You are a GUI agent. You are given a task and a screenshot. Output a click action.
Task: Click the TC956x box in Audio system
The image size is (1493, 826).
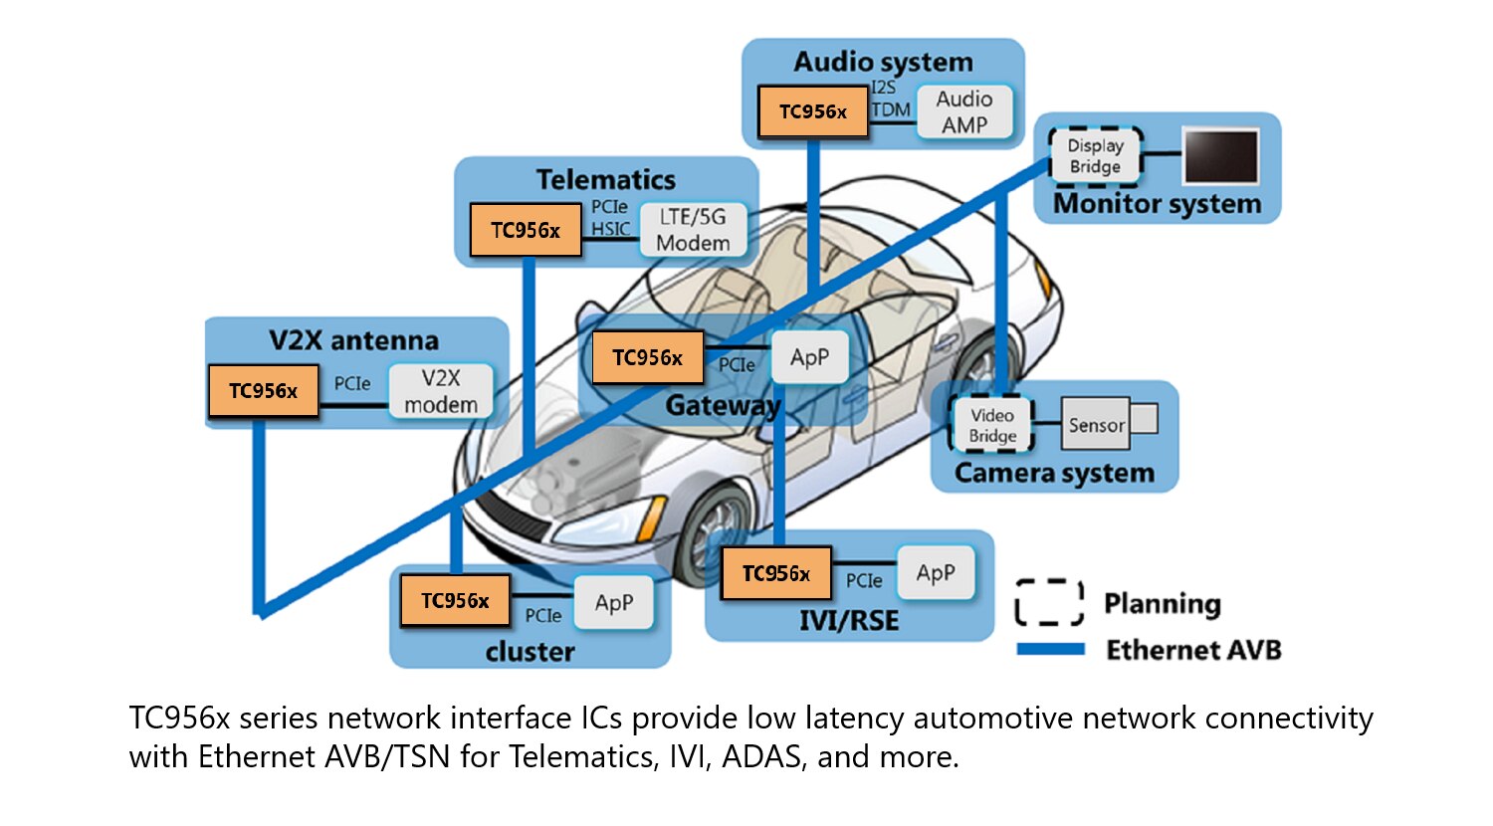[812, 111]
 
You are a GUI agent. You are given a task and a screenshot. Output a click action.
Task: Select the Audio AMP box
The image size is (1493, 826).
[963, 111]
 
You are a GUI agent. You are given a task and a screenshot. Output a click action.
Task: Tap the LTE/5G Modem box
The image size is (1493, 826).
[693, 230]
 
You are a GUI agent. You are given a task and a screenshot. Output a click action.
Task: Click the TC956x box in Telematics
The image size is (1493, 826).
[525, 230]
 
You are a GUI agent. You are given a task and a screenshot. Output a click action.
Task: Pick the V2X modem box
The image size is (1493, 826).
[440, 390]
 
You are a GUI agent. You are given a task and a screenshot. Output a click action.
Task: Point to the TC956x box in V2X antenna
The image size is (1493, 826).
[263, 390]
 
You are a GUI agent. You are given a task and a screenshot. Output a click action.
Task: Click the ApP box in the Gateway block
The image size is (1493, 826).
[809, 357]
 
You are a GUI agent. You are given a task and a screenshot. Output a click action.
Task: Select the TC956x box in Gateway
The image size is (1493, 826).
[647, 357]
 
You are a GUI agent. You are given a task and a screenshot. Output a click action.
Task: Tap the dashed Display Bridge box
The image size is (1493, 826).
[1095, 156]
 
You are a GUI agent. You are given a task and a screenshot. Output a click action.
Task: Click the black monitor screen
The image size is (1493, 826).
[1220, 156]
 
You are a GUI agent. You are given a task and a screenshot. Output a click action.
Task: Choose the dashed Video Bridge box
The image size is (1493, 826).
[992, 425]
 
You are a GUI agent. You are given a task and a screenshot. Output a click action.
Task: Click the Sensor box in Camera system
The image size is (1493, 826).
[1096, 425]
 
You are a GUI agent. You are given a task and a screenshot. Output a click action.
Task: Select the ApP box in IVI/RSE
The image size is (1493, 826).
[935, 573]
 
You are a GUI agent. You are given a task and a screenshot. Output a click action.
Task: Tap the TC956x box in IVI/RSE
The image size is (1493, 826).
[775, 573]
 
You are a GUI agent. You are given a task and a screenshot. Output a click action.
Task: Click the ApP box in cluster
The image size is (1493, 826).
[613, 602]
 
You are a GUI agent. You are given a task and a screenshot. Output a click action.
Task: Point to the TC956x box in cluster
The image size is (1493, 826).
[454, 600]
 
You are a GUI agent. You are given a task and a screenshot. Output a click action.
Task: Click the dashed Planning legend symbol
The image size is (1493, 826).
[1049, 602]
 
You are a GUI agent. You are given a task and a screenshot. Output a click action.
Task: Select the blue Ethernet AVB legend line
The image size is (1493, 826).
[1050, 649]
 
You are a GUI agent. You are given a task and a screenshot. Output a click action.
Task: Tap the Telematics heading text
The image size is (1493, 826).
[605, 179]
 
